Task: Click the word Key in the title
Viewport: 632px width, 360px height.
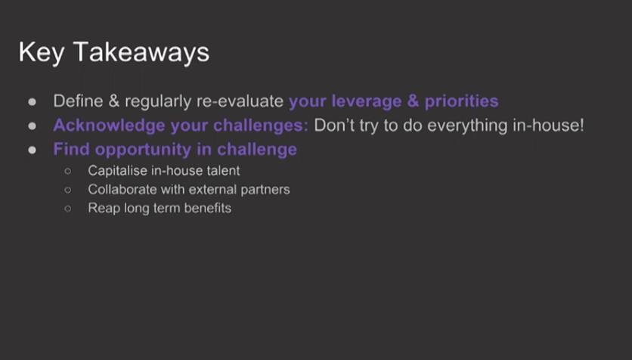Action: tap(41, 53)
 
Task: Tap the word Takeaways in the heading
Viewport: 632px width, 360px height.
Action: tap(141, 53)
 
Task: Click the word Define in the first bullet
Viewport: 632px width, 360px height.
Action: tap(78, 101)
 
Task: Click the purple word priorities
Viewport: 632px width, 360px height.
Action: tap(461, 101)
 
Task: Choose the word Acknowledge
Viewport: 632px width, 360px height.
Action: tap(109, 126)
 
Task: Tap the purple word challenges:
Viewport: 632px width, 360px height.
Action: tap(261, 126)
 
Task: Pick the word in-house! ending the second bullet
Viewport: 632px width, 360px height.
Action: tap(548, 126)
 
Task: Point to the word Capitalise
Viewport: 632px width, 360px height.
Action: tap(118, 171)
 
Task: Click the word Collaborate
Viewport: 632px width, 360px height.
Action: tap(122, 190)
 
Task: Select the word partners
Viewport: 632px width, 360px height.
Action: tap(265, 190)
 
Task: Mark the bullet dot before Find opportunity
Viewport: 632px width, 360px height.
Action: tap(32, 151)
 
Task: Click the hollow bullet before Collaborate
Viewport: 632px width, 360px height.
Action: tap(68, 190)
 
